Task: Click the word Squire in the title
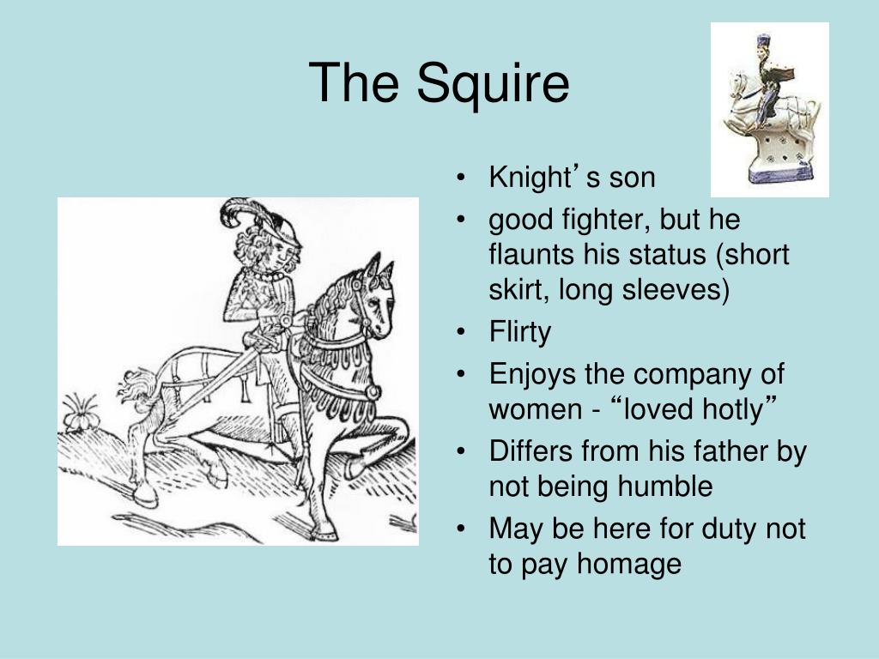point(494,85)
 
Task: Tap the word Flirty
point(519,332)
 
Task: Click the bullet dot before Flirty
point(464,333)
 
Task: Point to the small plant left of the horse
point(82,414)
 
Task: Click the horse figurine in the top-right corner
point(769,110)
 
